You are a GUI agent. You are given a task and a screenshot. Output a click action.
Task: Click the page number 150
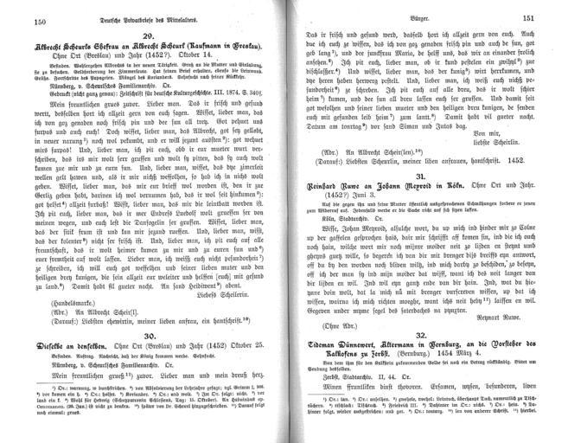[x=14, y=20]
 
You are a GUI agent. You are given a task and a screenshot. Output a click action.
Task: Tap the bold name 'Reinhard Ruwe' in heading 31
[x=330, y=209]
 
